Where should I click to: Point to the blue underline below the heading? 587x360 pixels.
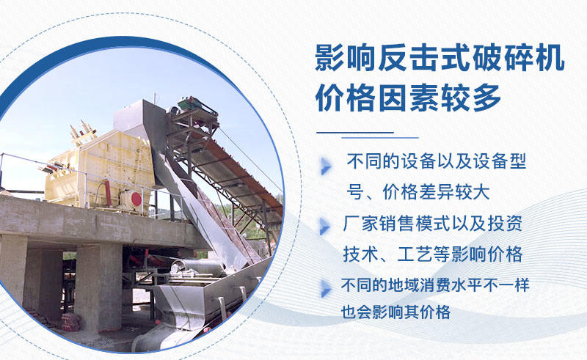point(367,135)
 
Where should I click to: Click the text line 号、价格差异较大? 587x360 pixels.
point(418,192)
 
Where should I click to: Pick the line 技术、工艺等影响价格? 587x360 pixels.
point(432,254)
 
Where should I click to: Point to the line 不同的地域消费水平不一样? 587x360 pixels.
point(434,285)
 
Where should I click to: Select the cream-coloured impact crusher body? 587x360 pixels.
point(88,165)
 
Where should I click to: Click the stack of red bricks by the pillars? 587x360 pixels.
point(70,322)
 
